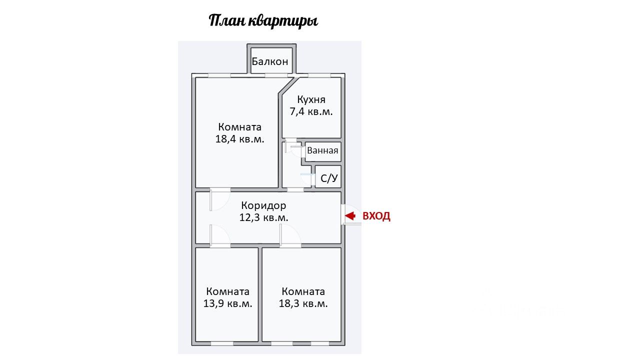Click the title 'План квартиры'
click(x=263, y=21)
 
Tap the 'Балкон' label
click(x=270, y=62)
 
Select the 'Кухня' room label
click(x=311, y=99)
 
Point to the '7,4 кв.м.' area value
click(x=311, y=111)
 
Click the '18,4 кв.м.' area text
click(x=239, y=139)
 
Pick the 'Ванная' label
click(x=322, y=150)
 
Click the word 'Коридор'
click(x=263, y=205)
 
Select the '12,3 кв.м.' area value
click(x=263, y=217)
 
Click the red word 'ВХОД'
click(x=376, y=216)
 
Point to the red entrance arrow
click(x=350, y=216)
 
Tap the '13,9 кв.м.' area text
click(x=227, y=303)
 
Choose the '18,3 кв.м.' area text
click(x=303, y=303)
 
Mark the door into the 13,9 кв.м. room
click(x=219, y=235)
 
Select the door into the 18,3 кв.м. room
click(x=289, y=235)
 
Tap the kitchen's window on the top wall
click(x=319, y=75)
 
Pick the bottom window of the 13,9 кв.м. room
click(x=221, y=343)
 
